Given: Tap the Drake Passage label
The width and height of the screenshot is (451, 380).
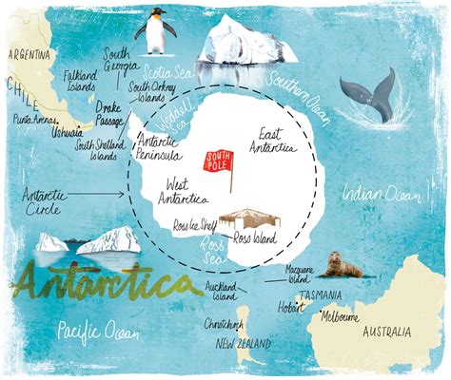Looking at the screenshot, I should pyautogui.click(x=109, y=115).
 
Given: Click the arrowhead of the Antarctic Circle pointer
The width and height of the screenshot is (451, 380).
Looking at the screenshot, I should pyautogui.click(x=125, y=196).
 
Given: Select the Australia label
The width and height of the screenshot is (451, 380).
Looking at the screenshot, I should pyautogui.click(x=387, y=332).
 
